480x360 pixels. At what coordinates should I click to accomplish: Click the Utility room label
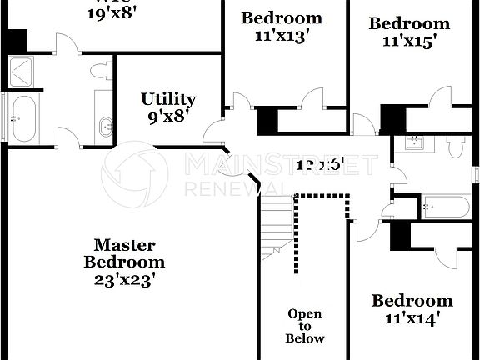click(x=168, y=100)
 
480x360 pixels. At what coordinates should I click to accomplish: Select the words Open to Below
click(x=305, y=326)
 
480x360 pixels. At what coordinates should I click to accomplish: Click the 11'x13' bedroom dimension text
click(x=281, y=36)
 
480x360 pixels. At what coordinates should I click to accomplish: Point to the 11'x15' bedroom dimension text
click(x=409, y=41)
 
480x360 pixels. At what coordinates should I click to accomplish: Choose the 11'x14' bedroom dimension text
click(x=412, y=317)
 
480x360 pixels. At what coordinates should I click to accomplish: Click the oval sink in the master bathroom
click(x=107, y=127)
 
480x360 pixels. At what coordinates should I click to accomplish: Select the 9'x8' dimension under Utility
click(x=169, y=117)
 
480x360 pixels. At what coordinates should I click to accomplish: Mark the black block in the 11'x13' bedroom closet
click(x=267, y=121)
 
